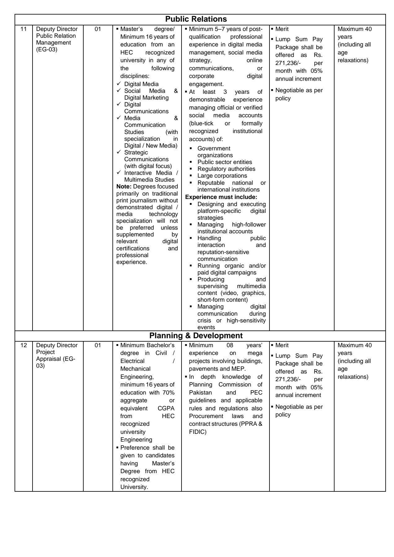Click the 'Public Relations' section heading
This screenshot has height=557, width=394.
[x=196, y=19]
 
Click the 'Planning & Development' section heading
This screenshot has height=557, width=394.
[x=196, y=336]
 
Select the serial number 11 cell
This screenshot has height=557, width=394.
[x=24, y=29]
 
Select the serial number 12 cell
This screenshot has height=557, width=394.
[x=24, y=345]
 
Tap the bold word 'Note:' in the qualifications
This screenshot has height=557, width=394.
[x=124, y=187]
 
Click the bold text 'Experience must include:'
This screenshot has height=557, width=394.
[x=221, y=197]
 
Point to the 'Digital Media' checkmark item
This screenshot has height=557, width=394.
[x=141, y=84]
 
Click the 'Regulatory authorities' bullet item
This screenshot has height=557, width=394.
[x=226, y=169]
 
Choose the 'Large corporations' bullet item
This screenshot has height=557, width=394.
[x=222, y=176]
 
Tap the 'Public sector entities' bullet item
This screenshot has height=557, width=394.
[x=225, y=162]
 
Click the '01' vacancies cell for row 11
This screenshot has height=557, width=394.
[x=98, y=29]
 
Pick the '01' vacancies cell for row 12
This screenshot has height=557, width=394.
[x=98, y=345]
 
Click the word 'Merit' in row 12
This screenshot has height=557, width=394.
[x=282, y=345]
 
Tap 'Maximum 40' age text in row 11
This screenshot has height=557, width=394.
[x=354, y=29]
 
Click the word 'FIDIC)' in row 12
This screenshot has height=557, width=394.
[x=198, y=432]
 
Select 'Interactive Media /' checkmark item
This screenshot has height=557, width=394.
[x=151, y=173]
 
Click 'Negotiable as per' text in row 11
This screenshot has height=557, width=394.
[x=299, y=91]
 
